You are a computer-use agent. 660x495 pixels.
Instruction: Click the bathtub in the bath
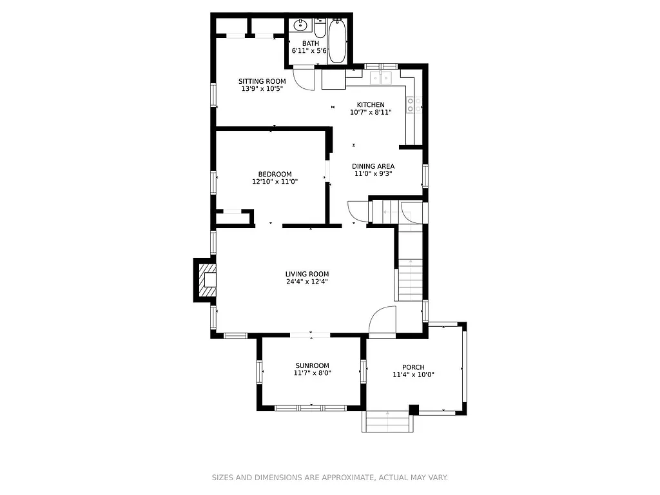(337, 41)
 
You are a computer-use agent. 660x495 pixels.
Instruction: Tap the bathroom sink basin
(300, 26)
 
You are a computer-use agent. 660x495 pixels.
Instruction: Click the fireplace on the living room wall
(207, 280)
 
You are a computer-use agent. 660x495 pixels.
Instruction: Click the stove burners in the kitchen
(414, 105)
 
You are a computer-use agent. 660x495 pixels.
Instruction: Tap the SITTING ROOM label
(262, 81)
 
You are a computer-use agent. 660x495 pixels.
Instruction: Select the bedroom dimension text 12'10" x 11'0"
(275, 182)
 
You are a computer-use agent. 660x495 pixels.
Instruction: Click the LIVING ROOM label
(307, 274)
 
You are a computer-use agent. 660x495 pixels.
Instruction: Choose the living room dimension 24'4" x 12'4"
(307, 282)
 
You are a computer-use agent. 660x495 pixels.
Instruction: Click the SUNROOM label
(312, 365)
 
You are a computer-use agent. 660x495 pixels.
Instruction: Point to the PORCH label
(413, 367)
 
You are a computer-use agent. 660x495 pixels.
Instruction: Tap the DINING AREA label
(373, 166)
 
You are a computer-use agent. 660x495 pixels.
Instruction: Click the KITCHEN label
(371, 104)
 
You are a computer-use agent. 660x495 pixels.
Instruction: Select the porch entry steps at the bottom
(389, 423)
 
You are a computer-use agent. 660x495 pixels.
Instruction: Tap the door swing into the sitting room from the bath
(302, 78)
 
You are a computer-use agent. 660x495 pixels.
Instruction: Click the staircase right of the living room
(410, 271)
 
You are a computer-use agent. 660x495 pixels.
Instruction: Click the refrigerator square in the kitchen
(333, 79)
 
